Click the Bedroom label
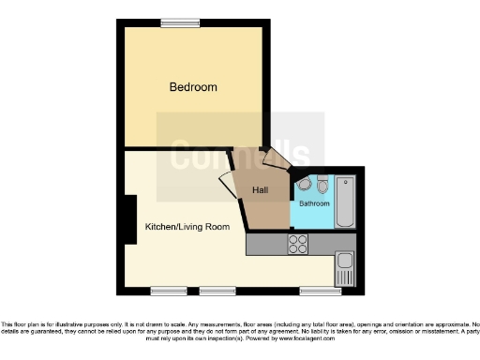pyautogui.click(x=192, y=87)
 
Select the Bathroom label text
pyautogui.click(x=314, y=203)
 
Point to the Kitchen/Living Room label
pyautogui.click(x=187, y=227)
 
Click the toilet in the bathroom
pyautogui.click(x=322, y=184)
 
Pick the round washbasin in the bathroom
pyautogui.click(x=302, y=184)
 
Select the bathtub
pyautogui.click(x=345, y=200)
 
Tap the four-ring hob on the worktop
pyautogui.click(x=298, y=244)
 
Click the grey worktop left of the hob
pyautogui.click(x=265, y=244)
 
